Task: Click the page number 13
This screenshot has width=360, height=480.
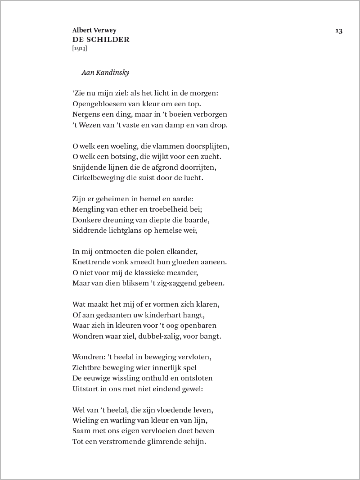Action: [339, 31]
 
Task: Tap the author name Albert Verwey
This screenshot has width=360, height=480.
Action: [94, 31]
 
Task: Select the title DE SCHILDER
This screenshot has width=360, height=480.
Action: [101, 40]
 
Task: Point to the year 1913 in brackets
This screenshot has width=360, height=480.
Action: [80, 48]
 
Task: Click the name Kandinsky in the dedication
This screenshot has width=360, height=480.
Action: [113, 72]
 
